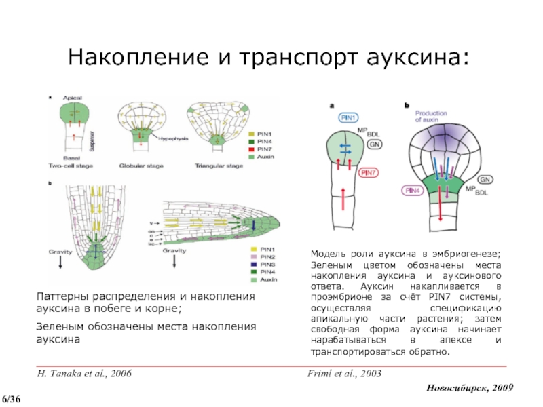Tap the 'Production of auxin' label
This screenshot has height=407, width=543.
432,116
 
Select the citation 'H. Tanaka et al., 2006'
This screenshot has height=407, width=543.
84,374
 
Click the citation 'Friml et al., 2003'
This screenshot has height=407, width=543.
345,374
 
